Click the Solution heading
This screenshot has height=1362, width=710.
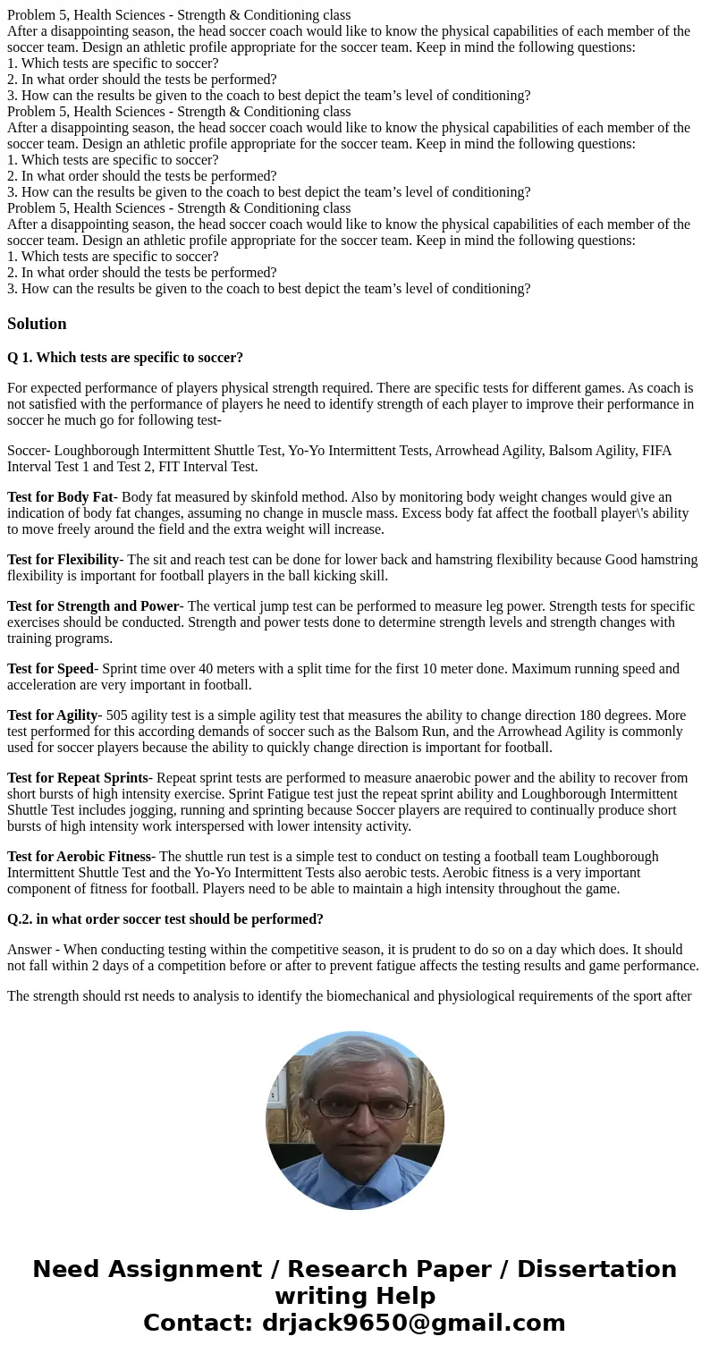point(37,324)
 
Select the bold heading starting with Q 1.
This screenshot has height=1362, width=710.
point(125,358)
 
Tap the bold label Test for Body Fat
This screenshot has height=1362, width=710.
point(60,497)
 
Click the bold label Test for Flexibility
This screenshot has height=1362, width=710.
point(63,560)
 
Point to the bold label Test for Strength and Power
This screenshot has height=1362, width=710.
point(93,606)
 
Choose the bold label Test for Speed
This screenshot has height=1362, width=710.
point(50,669)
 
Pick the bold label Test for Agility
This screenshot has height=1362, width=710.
point(52,715)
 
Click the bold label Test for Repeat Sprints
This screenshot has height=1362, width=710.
point(77,778)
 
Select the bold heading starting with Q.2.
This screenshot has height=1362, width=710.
point(165,919)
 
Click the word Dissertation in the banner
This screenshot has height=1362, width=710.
point(596,1269)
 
